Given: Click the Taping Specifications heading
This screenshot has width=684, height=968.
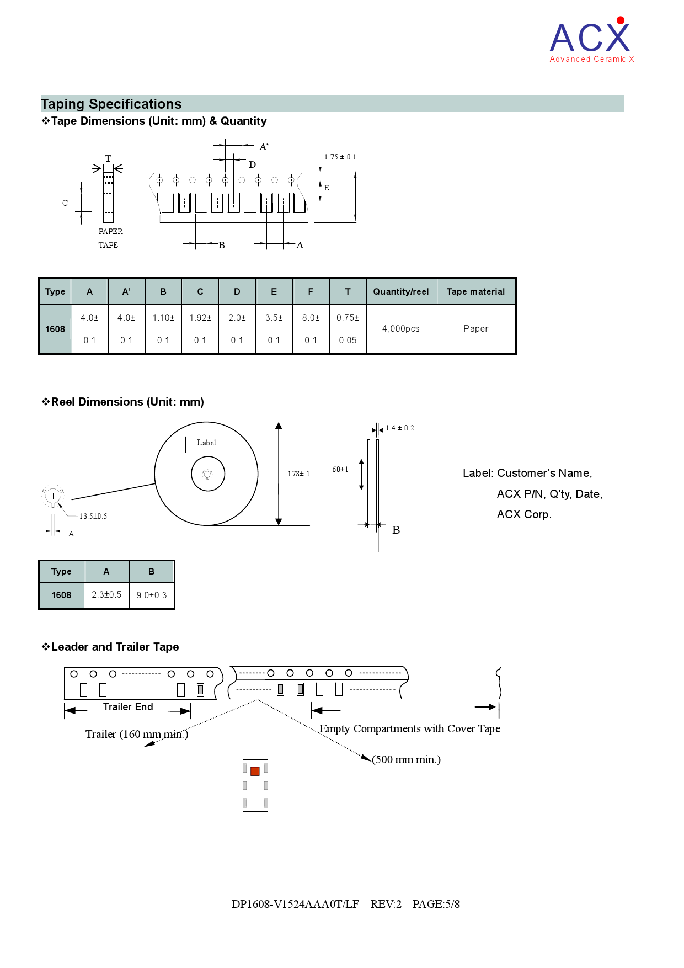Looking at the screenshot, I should tap(111, 104).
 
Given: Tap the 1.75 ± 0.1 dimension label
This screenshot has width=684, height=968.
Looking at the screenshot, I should tap(340, 157).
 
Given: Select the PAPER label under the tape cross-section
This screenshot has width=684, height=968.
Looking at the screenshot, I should tap(110, 232).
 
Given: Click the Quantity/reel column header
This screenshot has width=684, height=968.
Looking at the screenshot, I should tap(400, 292).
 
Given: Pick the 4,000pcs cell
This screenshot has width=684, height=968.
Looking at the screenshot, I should tap(400, 329).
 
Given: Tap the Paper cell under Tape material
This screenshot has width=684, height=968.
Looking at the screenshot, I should tap(475, 329).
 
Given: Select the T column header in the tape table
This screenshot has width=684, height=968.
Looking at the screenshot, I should tap(348, 292).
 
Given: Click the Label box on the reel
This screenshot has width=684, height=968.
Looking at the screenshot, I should tap(206, 444).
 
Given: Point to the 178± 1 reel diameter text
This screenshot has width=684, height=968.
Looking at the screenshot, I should tap(298, 474).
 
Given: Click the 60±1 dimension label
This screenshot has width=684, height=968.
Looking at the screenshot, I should tap(340, 470).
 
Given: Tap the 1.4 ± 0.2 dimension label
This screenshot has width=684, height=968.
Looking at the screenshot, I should tap(400, 428).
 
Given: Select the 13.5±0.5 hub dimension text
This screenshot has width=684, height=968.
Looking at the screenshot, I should tap(93, 517).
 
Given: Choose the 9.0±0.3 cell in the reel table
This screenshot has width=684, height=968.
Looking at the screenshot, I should tap(152, 595).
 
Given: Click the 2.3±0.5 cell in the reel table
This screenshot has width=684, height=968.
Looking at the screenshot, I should tap(106, 595).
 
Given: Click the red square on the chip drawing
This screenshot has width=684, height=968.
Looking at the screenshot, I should tap(255, 772).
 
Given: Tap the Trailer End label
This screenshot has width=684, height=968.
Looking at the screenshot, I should tap(128, 707).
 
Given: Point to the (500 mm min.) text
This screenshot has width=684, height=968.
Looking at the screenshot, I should tap(407, 760).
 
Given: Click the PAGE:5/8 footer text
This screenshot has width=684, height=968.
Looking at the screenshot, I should tap(436, 905).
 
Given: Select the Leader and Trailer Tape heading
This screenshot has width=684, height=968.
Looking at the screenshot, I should tap(115, 647).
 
